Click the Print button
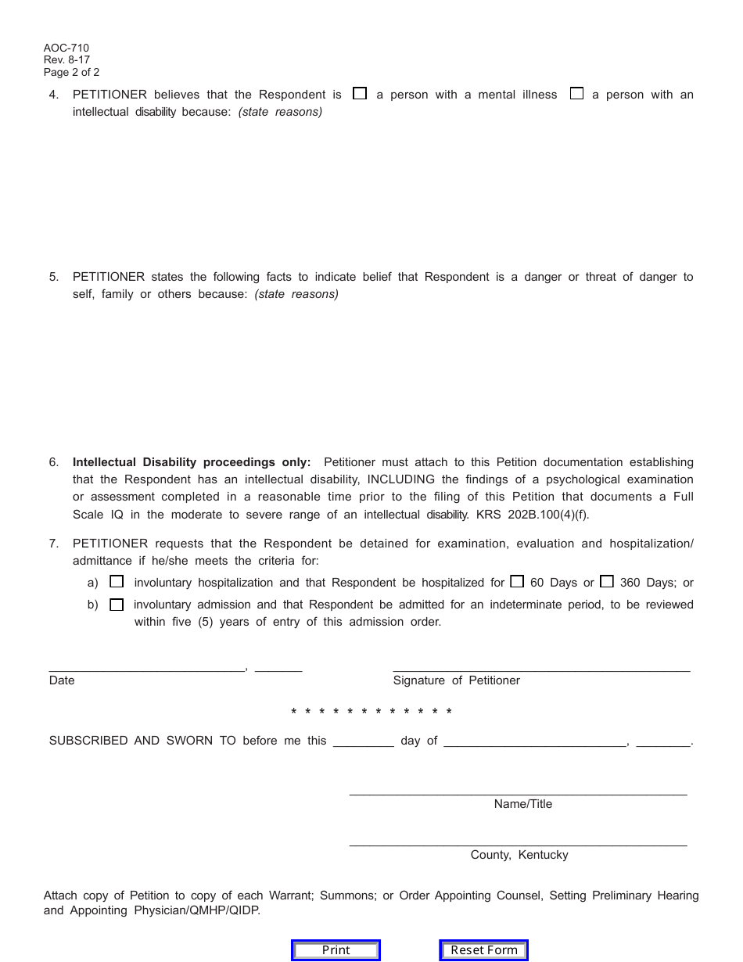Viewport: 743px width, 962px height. [x=336, y=950]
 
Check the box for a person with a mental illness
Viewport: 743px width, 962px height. [x=360, y=94]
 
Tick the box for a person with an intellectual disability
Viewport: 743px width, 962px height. [x=576, y=94]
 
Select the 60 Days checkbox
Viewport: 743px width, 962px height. [x=517, y=581]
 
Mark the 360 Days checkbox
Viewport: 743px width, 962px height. [x=607, y=581]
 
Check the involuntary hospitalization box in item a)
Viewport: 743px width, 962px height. [x=117, y=582]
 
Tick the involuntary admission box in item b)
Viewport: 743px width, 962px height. [x=117, y=605]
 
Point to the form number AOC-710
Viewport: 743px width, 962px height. [x=66, y=48]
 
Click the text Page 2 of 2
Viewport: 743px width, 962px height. [x=72, y=73]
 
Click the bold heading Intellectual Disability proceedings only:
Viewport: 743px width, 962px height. [x=192, y=462]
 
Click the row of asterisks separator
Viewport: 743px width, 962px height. [x=371, y=712]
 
